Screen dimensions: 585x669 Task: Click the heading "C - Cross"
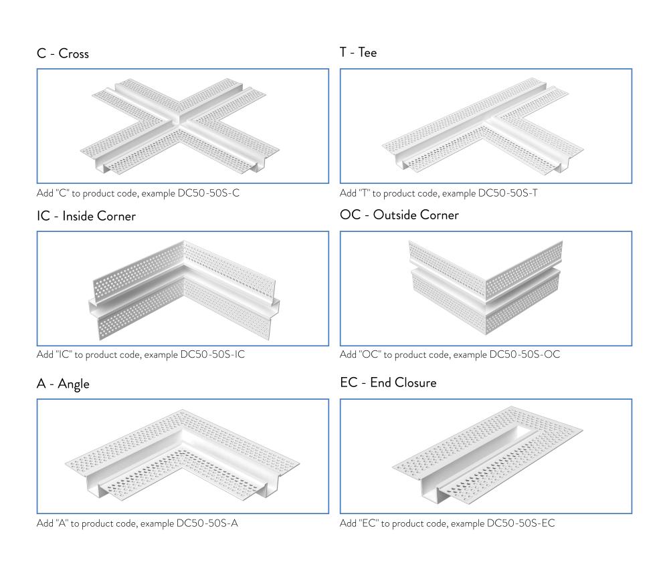[62, 53]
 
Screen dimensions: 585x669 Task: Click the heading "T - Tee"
[358, 52]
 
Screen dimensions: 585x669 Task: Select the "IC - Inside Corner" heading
[86, 216]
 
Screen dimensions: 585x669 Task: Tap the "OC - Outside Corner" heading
[399, 215]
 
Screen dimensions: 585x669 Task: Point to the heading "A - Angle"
[63, 384]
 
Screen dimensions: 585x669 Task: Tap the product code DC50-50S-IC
[212, 354]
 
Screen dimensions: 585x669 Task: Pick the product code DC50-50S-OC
[524, 354]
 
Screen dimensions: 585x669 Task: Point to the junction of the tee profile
[488, 124]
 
